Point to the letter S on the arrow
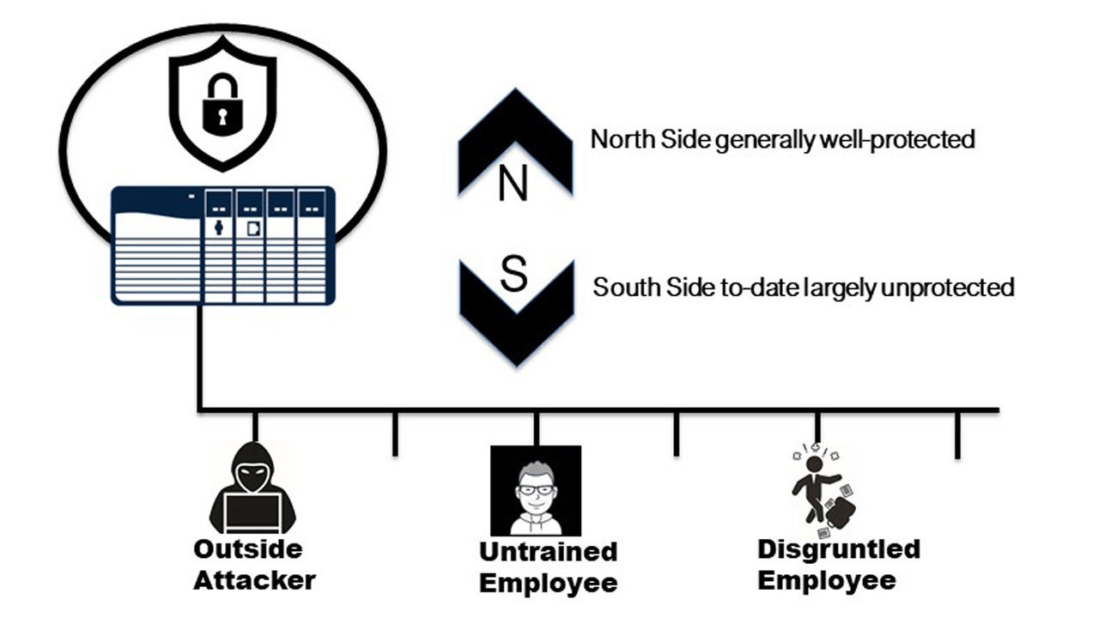pos(513,276)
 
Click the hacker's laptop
pos(252,513)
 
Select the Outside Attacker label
pos(253,564)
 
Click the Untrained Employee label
pos(548,566)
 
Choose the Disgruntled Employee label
pos(838,564)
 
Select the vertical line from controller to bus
pos(199,356)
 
